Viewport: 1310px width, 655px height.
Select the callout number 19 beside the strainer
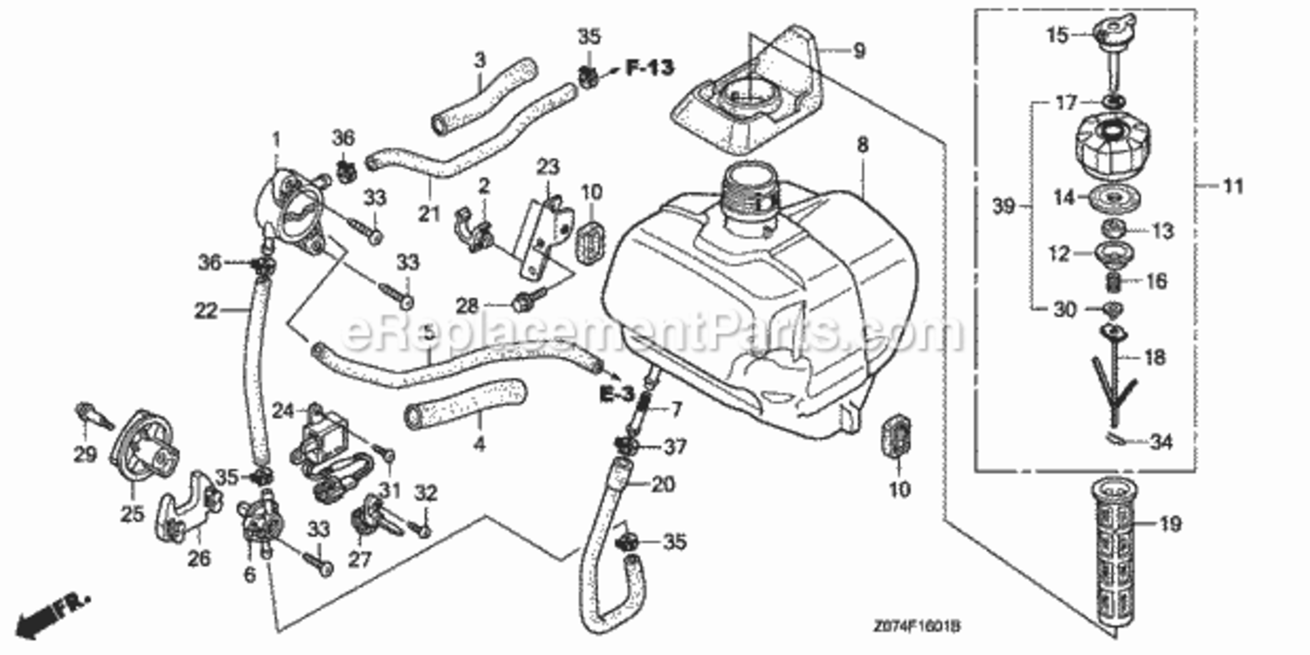point(1169,524)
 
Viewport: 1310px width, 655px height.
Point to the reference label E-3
point(615,395)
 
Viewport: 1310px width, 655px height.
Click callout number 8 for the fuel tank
point(863,147)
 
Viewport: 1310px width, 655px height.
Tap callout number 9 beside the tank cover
point(858,51)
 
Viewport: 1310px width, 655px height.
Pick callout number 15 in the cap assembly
point(1058,35)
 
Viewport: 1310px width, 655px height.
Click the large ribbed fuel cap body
point(1112,148)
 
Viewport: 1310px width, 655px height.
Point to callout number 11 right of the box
point(1233,185)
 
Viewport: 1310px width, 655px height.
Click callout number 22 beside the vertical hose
point(206,309)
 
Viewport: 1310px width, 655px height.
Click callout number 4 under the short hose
point(479,443)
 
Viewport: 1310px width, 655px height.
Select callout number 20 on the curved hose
point(663,485)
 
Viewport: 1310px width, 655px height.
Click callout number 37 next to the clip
point(675,447)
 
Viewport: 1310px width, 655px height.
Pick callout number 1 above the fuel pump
point(276,139)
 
